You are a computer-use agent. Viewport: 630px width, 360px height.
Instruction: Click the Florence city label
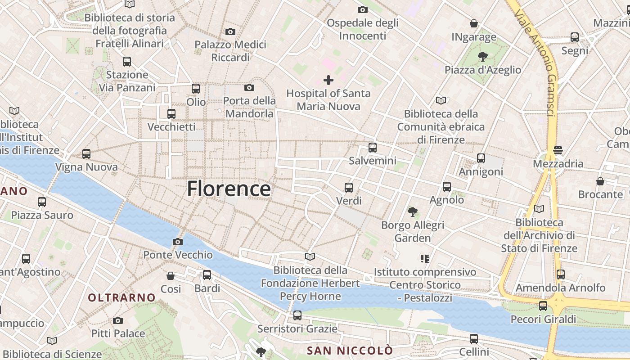[229, 189]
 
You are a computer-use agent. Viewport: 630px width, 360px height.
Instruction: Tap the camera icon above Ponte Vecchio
[178, 242]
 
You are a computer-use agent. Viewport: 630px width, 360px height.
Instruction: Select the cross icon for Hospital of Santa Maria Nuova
[328, 80]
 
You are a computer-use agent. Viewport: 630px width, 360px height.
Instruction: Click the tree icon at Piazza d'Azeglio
[482, 57]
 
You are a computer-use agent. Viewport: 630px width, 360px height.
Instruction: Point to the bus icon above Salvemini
[373, 147]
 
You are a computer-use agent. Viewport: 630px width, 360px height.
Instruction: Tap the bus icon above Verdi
[349, 188]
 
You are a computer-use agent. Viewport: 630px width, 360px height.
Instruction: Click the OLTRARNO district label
[121, 297]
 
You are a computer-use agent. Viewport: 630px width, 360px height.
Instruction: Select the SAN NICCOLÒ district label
[350, 351]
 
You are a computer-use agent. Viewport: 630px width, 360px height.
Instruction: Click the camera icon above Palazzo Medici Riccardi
[230, 31]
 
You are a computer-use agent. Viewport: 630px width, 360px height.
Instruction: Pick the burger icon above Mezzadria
[558, 150]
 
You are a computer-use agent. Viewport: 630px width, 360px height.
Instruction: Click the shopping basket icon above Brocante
[600, 181]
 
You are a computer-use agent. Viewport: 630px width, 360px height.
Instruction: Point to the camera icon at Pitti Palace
[118, 320]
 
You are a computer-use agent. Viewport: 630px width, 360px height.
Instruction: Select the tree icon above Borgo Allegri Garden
[412, 211]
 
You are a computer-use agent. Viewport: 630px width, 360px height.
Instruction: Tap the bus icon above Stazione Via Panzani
[127, 61]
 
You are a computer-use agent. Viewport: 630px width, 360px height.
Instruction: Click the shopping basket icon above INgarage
[474, 23]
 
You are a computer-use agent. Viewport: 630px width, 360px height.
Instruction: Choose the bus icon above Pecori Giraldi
[543, 306]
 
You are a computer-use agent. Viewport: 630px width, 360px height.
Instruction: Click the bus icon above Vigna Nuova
[86, 154]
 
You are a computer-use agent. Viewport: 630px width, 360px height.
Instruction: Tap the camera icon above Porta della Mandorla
[249, 87]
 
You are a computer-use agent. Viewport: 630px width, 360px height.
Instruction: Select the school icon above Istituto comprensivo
[424, 259]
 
